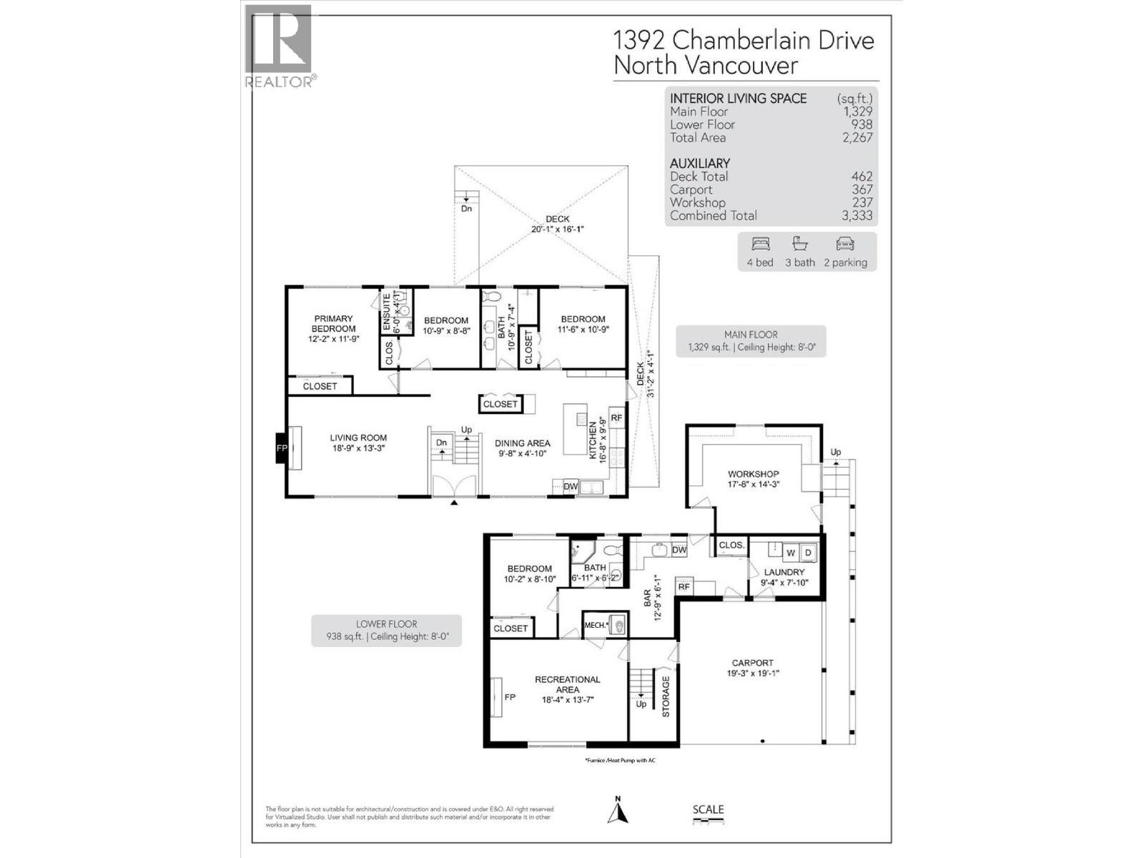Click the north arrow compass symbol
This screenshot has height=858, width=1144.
[618, 811]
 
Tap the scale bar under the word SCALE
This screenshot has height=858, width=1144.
[708, 822]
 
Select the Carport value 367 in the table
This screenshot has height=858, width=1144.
[862, 189]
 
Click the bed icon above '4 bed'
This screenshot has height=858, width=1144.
[760, 245]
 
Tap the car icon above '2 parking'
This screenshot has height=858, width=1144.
[845, 245]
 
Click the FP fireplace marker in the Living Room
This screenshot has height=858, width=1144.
[282, 448]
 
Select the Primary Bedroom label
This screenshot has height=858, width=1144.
[333, 324]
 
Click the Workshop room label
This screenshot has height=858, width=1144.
[753, 474]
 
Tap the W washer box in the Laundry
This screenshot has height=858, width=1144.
[790, 553]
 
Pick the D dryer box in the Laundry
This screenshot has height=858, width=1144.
[808, 553]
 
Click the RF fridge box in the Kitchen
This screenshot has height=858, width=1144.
[616, 418]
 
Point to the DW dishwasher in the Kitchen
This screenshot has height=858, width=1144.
[571, 487]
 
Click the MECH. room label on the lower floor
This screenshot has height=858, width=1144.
[595, 625]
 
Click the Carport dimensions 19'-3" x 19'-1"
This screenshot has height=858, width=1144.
[752, 673]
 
